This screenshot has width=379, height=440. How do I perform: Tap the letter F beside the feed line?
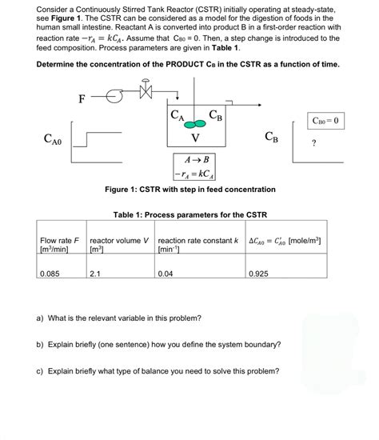point(82,99)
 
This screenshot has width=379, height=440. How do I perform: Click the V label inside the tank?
point(195,142)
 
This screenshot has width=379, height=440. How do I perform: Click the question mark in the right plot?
point(314,144)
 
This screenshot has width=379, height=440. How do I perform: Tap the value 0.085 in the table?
point(50,274)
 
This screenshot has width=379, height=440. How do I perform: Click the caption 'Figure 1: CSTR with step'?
point(190,190)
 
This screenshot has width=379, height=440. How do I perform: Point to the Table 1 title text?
point(190,215)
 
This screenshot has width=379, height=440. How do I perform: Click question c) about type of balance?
point(158,371)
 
